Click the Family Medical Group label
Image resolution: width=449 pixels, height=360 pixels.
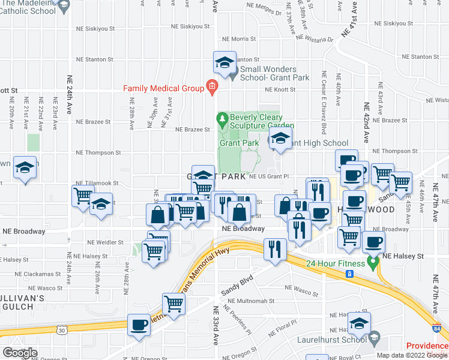click(164, 88)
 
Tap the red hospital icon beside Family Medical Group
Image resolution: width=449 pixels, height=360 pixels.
click(211, 88)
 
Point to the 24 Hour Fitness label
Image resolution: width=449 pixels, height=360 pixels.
click(335, 263)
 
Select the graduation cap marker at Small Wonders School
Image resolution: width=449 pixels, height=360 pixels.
click(224, 63)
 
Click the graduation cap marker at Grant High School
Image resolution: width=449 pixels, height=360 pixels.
click(279, 139)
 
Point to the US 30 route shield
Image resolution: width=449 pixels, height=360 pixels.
click(62, 329)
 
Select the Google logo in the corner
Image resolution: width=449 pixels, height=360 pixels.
click(20, 353)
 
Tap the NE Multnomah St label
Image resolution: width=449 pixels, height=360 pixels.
click(252, 301)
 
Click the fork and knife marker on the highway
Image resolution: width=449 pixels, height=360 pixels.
click(275, 247)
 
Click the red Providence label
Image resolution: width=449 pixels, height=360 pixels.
click(427, 346)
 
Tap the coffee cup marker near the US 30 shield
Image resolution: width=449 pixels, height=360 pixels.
click(139, 325)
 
